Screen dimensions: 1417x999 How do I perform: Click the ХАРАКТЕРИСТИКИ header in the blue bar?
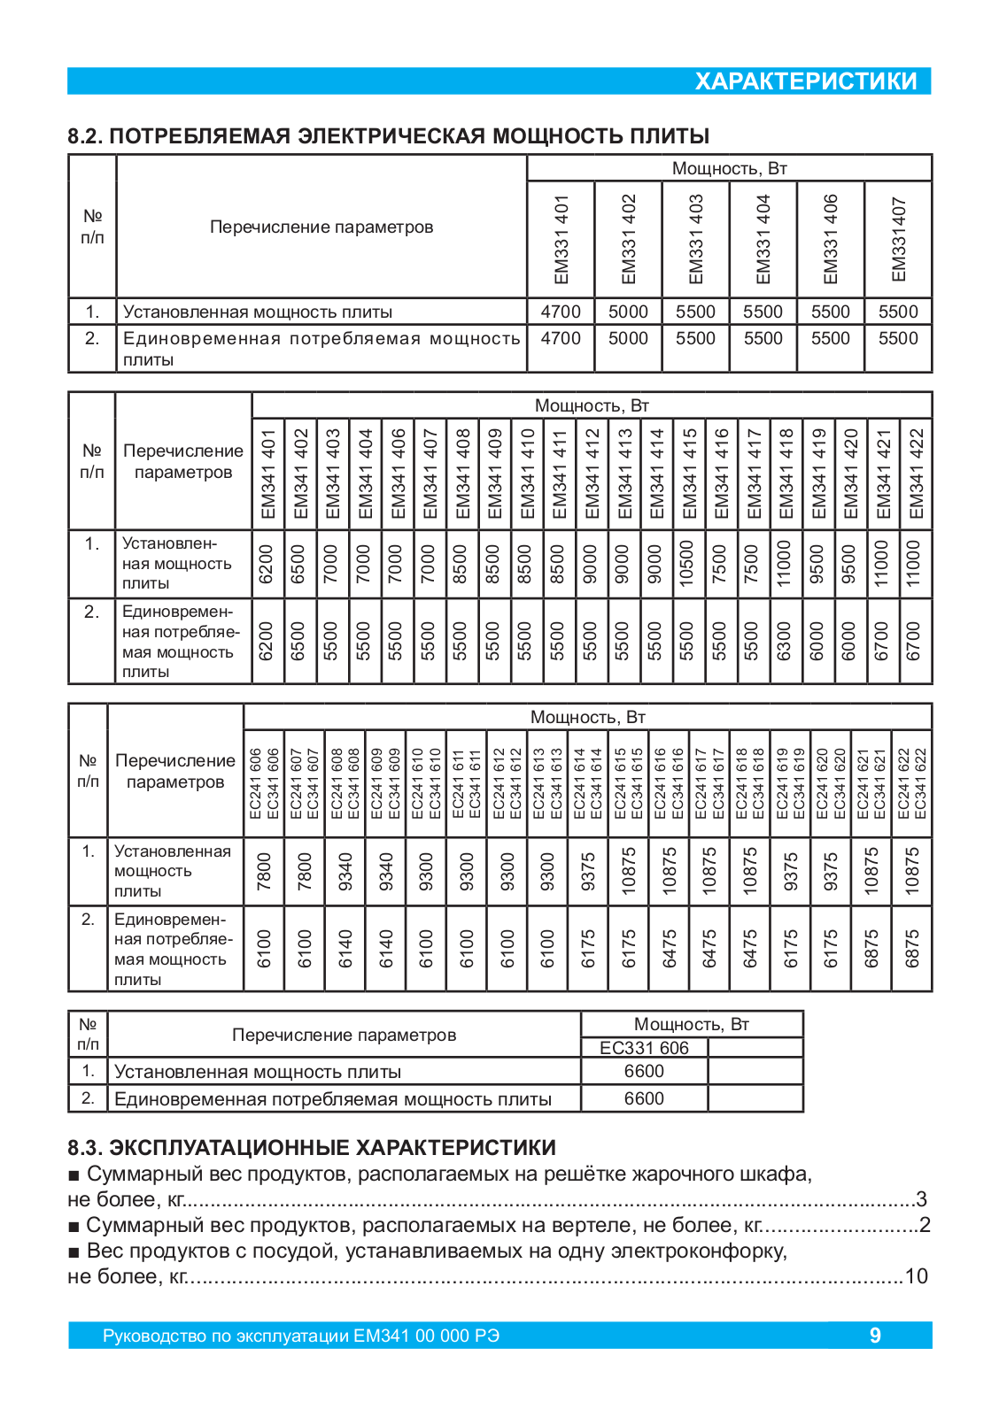point(805,81)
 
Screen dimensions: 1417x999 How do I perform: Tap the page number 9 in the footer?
point(875,1336)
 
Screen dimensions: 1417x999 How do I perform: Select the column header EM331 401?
point(561,239)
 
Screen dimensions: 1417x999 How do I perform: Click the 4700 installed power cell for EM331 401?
point(561,312)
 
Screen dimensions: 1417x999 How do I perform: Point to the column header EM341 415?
point(688,474)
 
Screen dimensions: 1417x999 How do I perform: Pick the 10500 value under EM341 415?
point(686,564)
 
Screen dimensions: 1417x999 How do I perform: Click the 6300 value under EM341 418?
point(784,641)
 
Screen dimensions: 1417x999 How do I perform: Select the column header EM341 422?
point(916,474)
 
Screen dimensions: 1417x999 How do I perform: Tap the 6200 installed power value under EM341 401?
point(267,564)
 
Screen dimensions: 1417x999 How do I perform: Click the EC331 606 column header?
point(644,1048)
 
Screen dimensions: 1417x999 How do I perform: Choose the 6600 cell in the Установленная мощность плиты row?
point(644,1071)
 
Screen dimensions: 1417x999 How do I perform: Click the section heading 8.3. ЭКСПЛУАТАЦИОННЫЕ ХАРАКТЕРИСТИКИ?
point(312,1148)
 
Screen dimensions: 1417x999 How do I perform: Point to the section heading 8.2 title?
point(389,136)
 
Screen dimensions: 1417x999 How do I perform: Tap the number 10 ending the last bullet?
point(916,1276)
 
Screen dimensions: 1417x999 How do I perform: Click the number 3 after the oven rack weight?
point(921,1199)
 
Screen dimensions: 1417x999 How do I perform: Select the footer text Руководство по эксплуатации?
point(301,1336)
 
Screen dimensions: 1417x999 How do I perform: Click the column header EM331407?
point(898,239)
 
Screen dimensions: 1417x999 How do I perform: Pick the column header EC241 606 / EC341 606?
point(264,783)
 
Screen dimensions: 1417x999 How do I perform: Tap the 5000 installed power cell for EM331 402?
point(628,312)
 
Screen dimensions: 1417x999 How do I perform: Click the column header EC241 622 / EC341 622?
point(912,783)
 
